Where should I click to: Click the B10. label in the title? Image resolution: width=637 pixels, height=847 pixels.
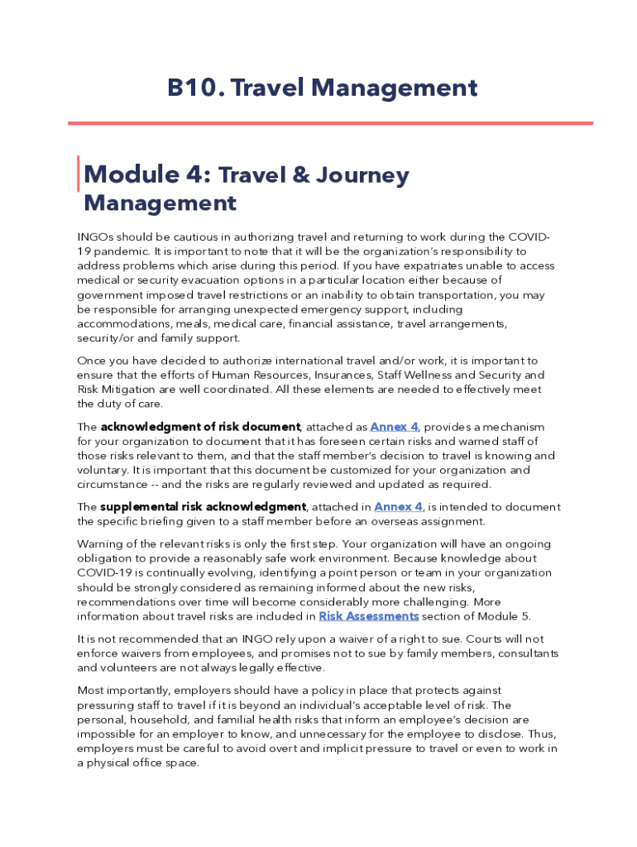[x=196, y=88]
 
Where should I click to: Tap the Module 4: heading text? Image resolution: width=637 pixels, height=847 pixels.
[x=148, y=175]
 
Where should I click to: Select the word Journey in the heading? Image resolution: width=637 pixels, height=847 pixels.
[x=362, y=176]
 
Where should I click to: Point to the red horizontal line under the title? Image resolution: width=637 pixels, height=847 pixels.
[x=330, y=123]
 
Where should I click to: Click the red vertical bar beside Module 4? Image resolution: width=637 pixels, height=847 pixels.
[x=79, y=174]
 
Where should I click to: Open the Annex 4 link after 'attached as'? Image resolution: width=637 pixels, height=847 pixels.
[x=394, y=427]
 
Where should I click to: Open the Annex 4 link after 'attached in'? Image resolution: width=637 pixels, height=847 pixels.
[x=399, y=507]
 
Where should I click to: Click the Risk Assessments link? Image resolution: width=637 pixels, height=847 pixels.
[x=368, y=616]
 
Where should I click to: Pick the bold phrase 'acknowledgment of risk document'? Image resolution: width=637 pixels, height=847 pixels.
[x=200, y=427]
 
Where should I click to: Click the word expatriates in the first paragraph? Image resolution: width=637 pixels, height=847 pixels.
[x=441, y=266]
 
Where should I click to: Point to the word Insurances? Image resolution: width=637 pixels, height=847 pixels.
[x=339, y=376]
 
